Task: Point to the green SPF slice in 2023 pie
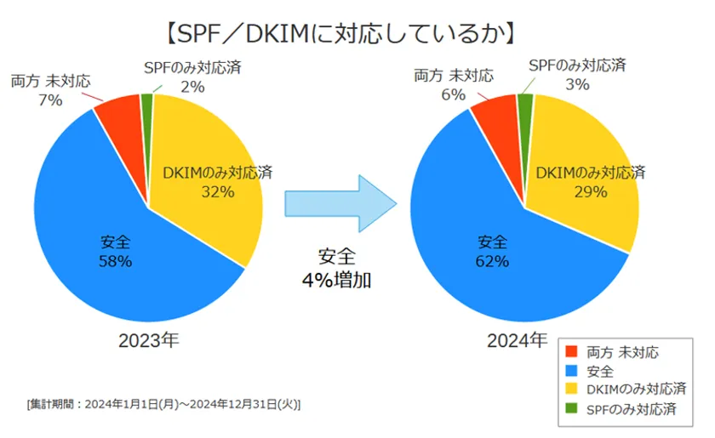coord(147,104)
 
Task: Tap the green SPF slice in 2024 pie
coord(525,105)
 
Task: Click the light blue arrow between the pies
coord(340,203)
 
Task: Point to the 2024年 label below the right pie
coord(517,341)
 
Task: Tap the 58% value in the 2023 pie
coord(115,262)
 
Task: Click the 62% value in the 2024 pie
coord(492,261)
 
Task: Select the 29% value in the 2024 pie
coord(590,191)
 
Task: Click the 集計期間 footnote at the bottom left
coord(163,403)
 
